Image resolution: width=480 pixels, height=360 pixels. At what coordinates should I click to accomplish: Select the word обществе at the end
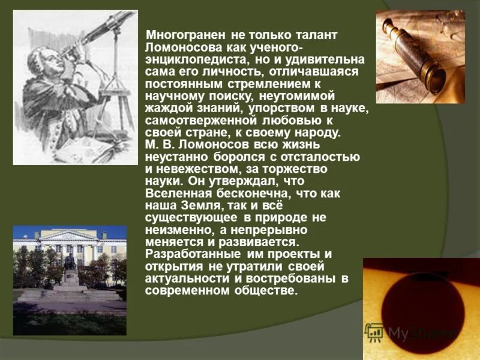(x=266, y=291)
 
